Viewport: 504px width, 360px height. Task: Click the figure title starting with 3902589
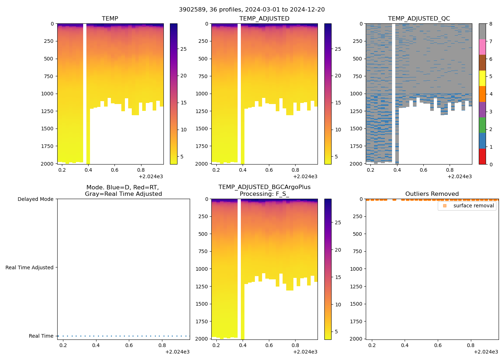[252, 10]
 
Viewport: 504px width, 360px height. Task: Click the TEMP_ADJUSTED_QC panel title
[419, 18]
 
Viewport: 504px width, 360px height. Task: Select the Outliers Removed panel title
[432, 194]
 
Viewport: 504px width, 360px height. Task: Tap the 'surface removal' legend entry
[473, 206]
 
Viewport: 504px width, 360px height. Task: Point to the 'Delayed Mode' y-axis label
[35, 199]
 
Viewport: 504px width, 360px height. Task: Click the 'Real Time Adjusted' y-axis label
[29, 267]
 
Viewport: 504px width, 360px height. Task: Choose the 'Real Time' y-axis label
[41, 336]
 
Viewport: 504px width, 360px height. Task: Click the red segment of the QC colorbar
[482, 157]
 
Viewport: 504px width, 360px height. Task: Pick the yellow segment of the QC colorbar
[482, 78]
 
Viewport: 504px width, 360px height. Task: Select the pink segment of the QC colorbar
[482, 47]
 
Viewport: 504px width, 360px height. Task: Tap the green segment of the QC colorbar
[482, 125]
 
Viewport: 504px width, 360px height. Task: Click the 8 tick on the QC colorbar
[491, 24]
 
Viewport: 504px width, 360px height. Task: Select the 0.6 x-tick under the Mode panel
[129, 345]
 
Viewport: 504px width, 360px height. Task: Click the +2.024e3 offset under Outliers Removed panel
[486, 352]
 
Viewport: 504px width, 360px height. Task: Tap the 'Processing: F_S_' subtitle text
[264, 194]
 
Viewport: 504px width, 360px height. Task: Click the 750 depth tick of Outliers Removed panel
[357, 251]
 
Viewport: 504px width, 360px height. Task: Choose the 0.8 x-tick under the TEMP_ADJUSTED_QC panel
[450, 170]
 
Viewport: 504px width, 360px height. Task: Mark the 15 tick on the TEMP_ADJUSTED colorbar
[338, 103]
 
